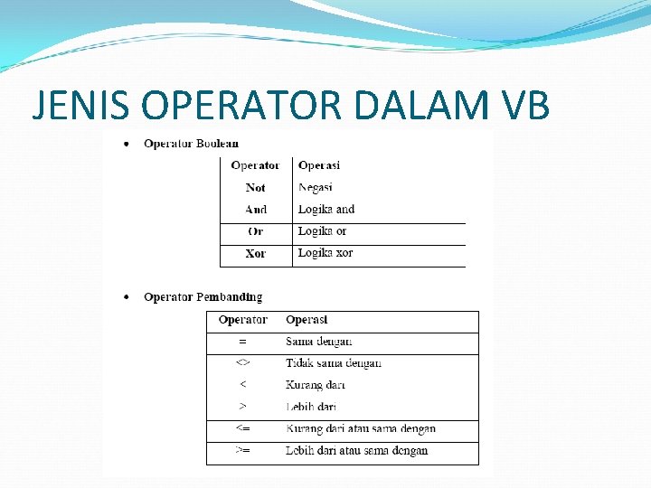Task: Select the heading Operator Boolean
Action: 191,144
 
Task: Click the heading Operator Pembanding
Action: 203,297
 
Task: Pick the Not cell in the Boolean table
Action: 256,188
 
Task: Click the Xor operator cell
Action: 256,254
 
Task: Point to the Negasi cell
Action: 316,188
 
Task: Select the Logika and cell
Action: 326,210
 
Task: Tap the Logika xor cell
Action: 325,253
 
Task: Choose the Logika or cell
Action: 322,231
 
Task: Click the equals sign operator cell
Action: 242,342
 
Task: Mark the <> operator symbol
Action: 242,363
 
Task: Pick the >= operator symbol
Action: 242,450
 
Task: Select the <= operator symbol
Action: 242,428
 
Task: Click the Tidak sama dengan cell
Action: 334,363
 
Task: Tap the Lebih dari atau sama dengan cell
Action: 357,450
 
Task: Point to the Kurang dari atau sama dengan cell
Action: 361,428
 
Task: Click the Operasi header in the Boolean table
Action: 319,165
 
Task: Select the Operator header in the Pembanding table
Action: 243,320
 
